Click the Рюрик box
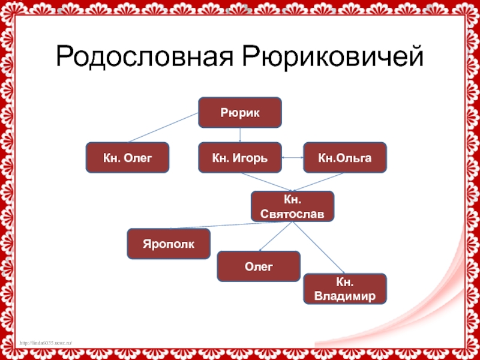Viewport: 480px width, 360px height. click(x=240, y=112)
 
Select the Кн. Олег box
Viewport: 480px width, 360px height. click(x=127, y=158)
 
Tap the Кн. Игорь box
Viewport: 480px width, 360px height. click(x=240, y=158)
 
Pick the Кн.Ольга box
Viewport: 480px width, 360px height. click(x=345, y=158)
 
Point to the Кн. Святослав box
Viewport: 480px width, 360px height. click(x=292, y=206)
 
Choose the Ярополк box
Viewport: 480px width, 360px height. click(x=169, y=244)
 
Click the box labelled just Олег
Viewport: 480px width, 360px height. click(x=259, y=266)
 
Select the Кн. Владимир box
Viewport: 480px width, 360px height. click(x=345, y=289)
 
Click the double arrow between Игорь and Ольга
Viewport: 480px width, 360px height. click(x=293, y=158)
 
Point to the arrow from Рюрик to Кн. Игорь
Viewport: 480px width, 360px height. click(x=240, y=135)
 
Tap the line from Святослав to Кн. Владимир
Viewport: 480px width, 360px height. click(x=318, y=247)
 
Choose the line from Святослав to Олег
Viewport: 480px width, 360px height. click(x=277, y=236)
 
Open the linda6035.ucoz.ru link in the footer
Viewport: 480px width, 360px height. click(x=46, y=342)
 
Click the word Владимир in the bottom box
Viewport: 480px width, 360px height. click(x=345, y=296)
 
